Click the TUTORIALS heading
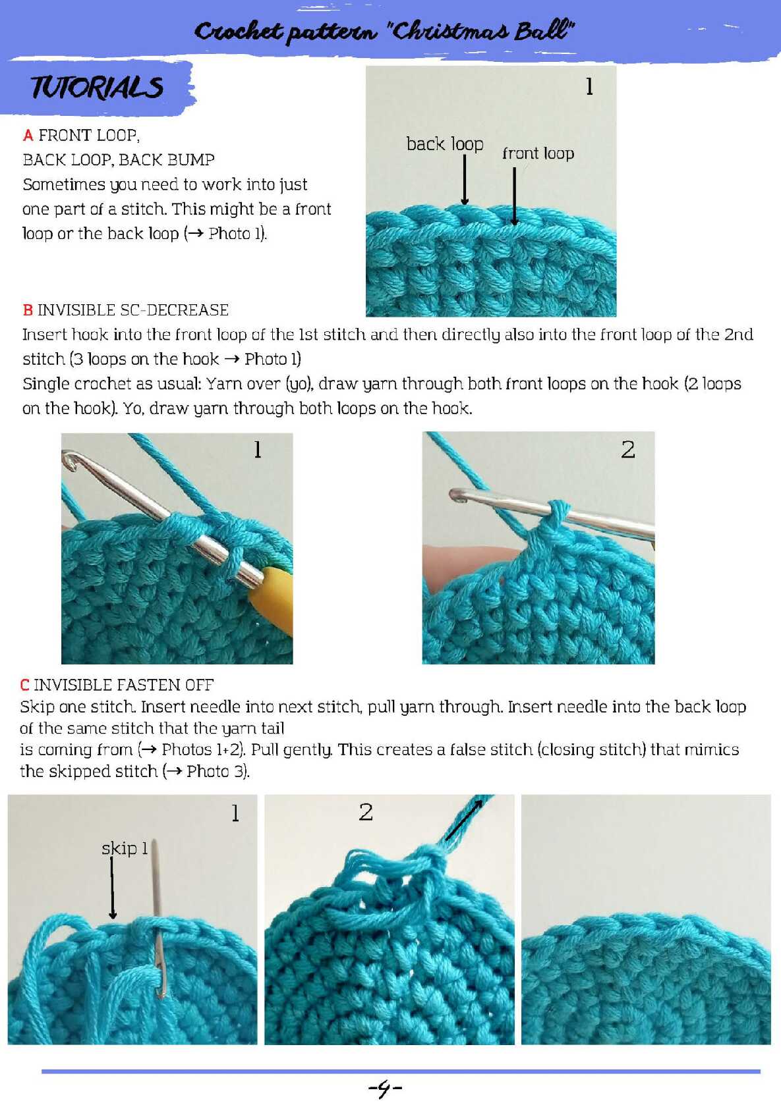click(96, 88)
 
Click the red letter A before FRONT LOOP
click(28, 135)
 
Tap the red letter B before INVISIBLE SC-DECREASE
click(28, 310)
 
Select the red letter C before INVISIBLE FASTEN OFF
click(24, 685)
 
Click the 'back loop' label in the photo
click(445, 144)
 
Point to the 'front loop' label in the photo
click(538, 153)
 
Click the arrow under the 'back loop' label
click(465, 180)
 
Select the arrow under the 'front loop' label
click(515, 196)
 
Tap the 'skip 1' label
click(125, 848)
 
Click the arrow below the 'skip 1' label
click(113, 888)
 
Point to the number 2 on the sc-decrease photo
click(628, 449)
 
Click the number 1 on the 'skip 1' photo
click(235, 813)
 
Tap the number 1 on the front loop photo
click(589, 86)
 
